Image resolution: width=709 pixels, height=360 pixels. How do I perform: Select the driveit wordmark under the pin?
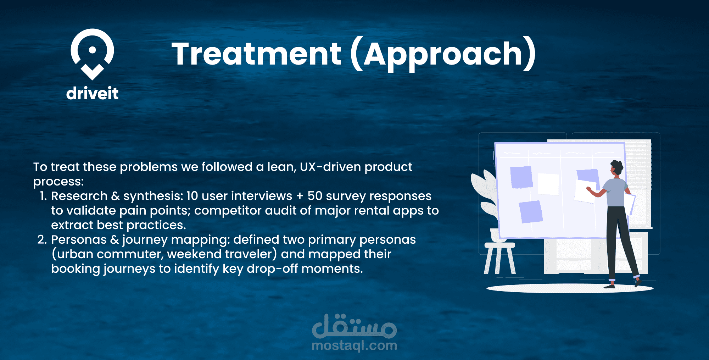coord(92,93)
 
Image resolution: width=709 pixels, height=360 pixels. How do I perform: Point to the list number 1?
coord(43,196)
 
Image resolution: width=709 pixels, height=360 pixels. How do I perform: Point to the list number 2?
coord(42,239)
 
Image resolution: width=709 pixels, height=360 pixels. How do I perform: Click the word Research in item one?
coord(79,196)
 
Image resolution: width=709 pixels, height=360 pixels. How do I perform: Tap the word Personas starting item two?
coord(79,240)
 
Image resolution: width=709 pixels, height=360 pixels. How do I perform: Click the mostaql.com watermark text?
coord(354,345)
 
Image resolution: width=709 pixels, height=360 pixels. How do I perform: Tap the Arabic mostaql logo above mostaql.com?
coord(354,326)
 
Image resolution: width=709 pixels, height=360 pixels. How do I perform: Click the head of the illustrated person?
coord(616,168)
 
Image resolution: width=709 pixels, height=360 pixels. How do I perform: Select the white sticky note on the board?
coord(548,184)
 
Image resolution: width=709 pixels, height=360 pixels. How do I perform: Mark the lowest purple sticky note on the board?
coord(531,212)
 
